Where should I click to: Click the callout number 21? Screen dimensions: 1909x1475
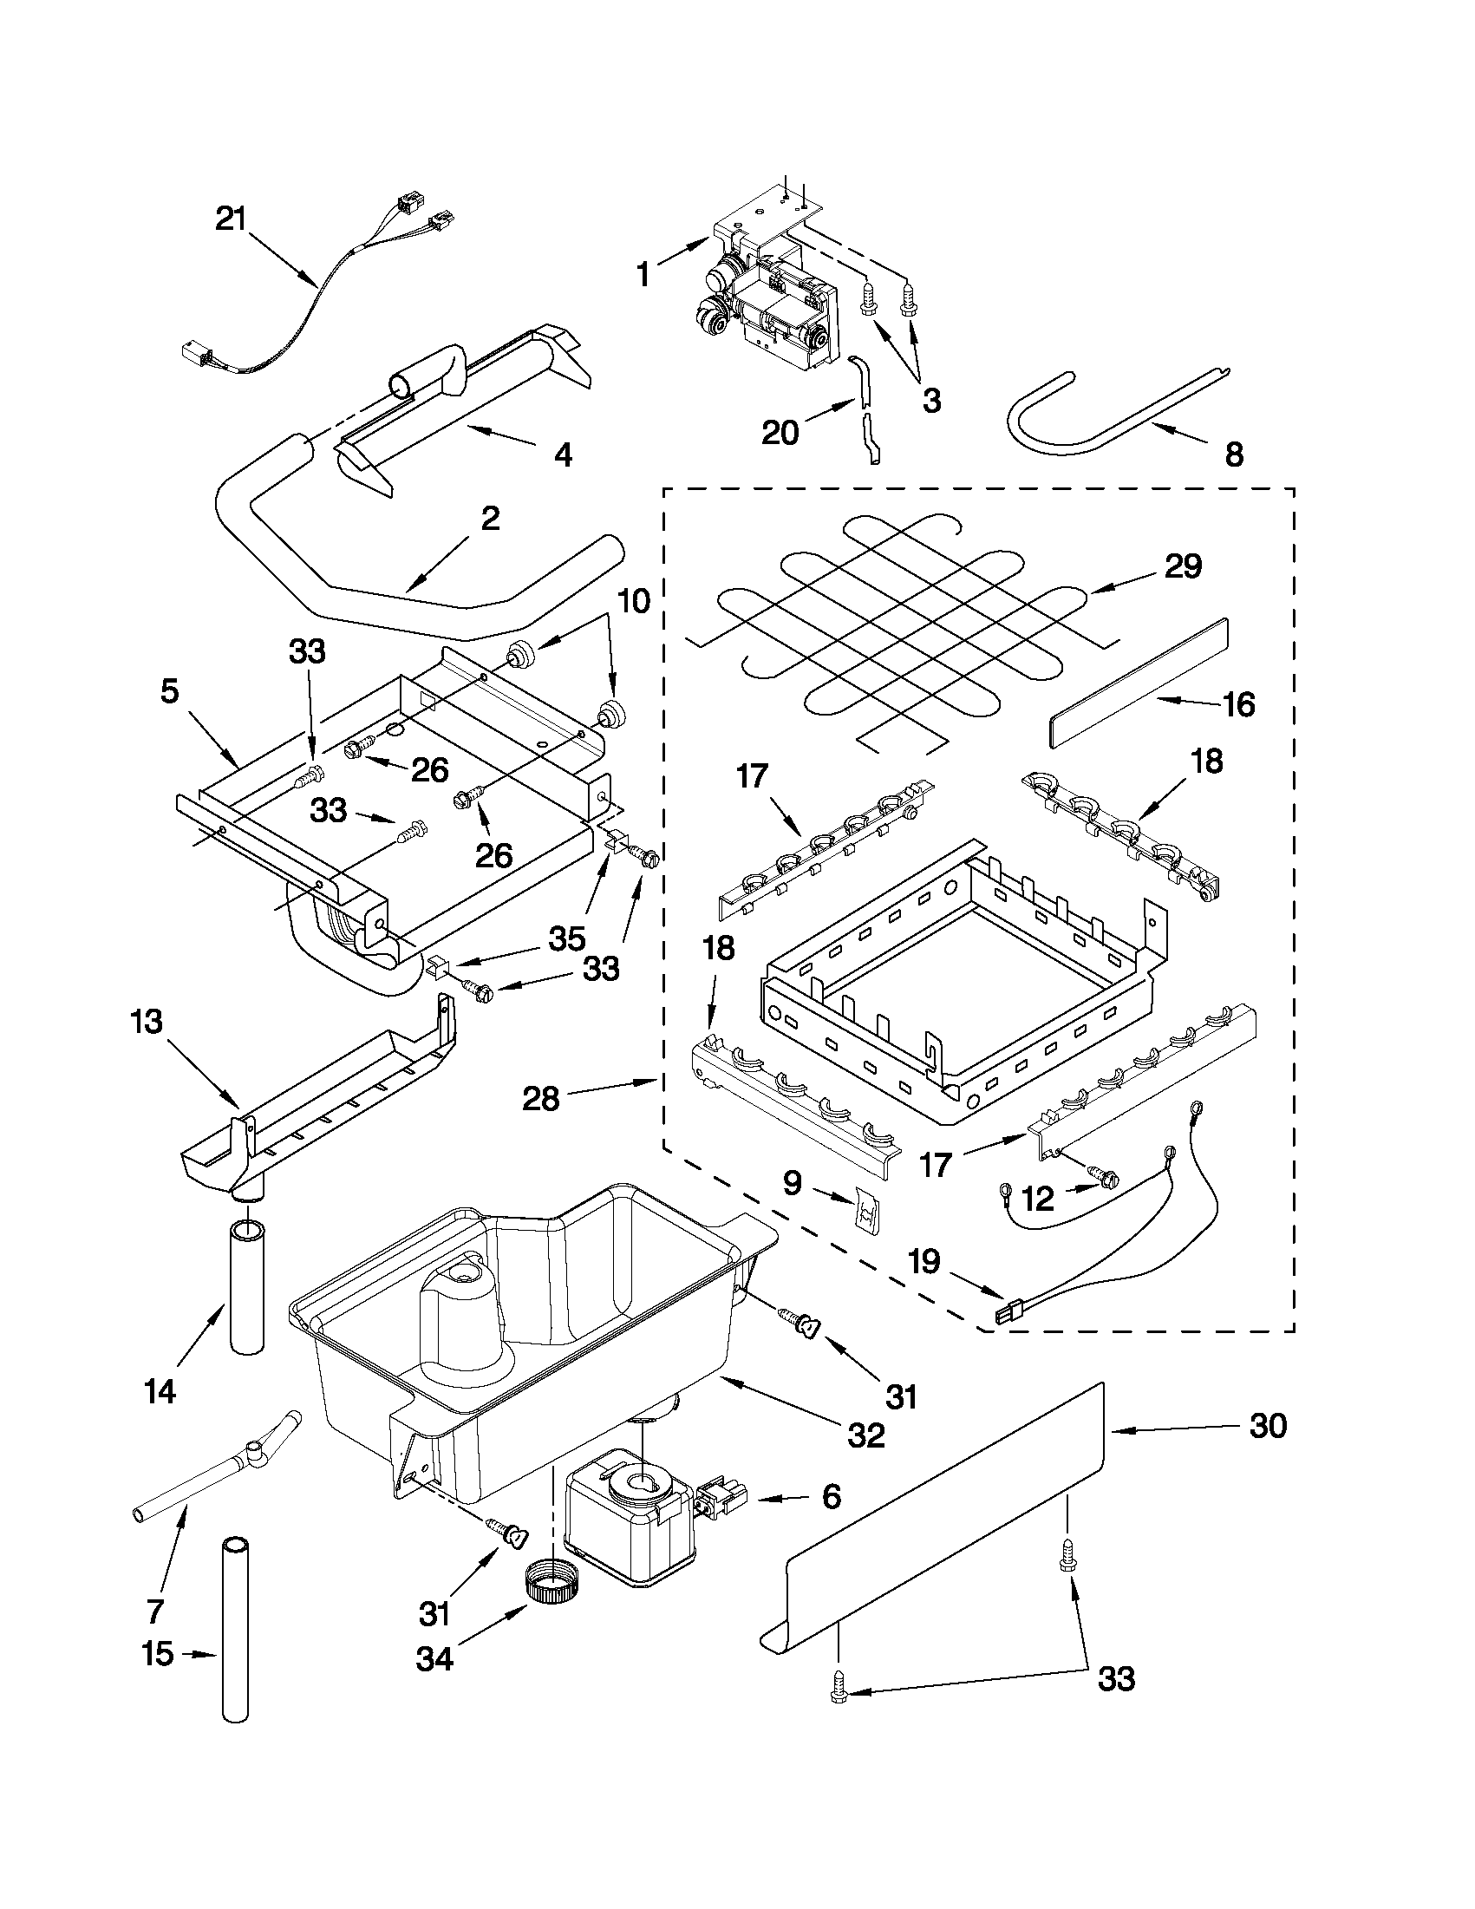232,219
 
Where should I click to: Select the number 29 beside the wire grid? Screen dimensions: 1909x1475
1182,566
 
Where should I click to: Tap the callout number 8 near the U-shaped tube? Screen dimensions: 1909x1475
1234,454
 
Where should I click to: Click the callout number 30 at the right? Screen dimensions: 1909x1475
1268,1426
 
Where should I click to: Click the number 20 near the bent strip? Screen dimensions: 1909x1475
780,432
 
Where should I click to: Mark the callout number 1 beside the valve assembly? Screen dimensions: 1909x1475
643,274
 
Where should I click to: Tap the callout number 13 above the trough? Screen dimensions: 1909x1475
147,1022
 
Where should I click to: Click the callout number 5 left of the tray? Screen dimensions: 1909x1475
169,691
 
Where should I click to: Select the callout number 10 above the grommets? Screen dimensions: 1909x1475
635,601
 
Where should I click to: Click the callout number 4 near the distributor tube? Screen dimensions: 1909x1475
564,454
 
